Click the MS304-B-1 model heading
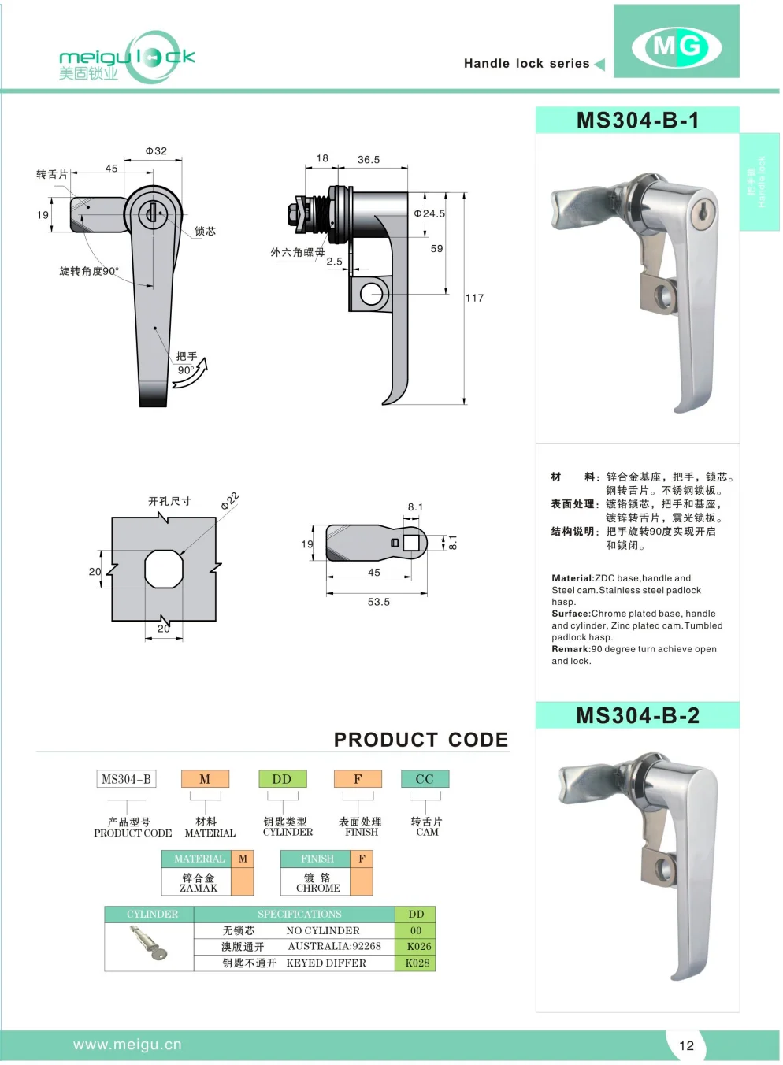(637, 121)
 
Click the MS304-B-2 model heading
(637, 715)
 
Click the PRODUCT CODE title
(421, 740)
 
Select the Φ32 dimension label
(156, 151)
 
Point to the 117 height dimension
(474, 298)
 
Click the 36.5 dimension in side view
(369, 160)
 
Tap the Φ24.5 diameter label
(430, 213)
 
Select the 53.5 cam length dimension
(378, 602)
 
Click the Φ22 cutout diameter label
(229, 502)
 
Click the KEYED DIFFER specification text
(326, 963)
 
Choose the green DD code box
(282, 779)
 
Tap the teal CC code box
(425, 779)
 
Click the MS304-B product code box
(126, 779)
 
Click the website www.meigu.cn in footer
(128, 1045)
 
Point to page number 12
(686, 1045)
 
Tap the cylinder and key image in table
(149, 943)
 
